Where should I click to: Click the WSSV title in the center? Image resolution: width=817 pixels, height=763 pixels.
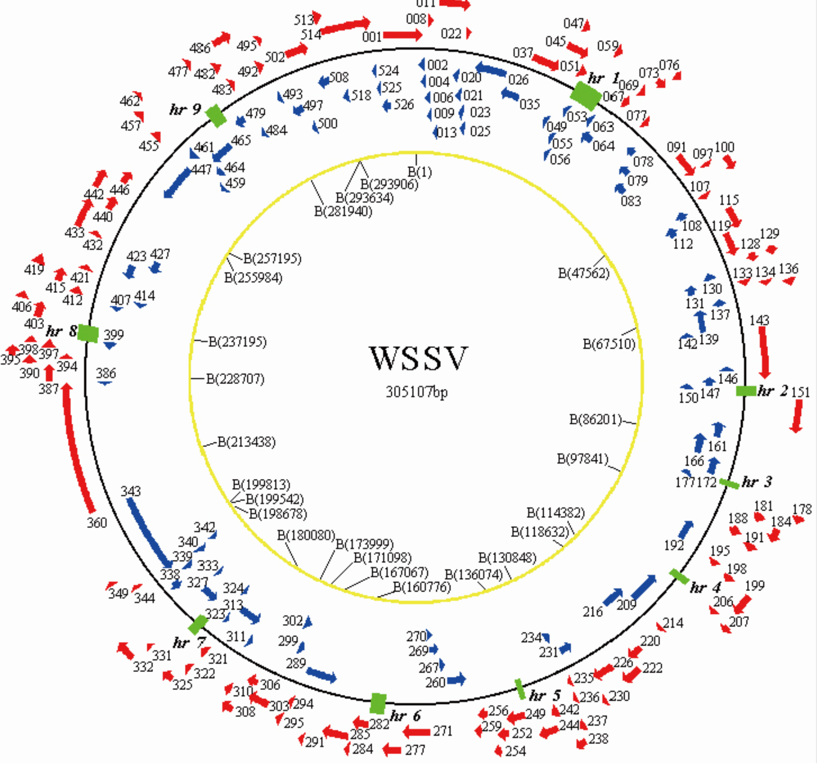(418, 358)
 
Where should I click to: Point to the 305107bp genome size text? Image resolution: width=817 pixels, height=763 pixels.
(416, 391)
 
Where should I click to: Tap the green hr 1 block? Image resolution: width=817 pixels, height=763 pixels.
(586, 95)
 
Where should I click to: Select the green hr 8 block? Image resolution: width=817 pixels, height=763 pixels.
(88, 333)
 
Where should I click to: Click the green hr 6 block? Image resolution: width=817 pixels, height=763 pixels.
(378, 703)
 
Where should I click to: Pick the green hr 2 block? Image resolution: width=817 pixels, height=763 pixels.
(746, 390)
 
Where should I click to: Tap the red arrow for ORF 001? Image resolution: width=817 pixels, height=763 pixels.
(402, 35)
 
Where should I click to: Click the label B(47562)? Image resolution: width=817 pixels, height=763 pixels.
(583, 273)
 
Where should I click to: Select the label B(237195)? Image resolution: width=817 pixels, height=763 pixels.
(237, 342)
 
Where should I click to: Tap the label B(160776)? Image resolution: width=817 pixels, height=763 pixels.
(422, 586)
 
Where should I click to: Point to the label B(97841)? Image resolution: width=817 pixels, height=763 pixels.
(582, 459)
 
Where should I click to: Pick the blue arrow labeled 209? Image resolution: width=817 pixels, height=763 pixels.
(644, 587)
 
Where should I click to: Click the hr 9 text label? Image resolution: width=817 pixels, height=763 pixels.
(185, 109)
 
